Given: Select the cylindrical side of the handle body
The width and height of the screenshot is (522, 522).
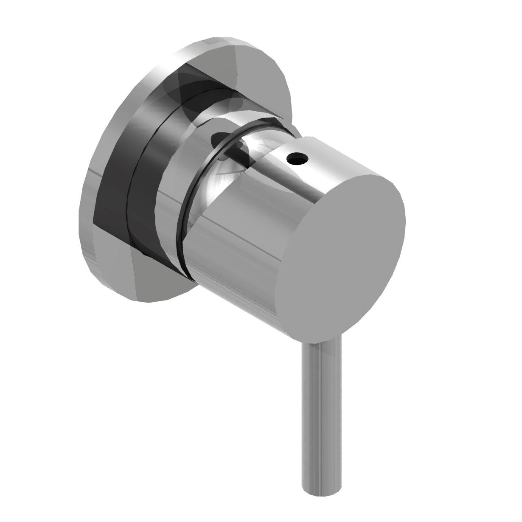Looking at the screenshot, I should click(x=238, y=246).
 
